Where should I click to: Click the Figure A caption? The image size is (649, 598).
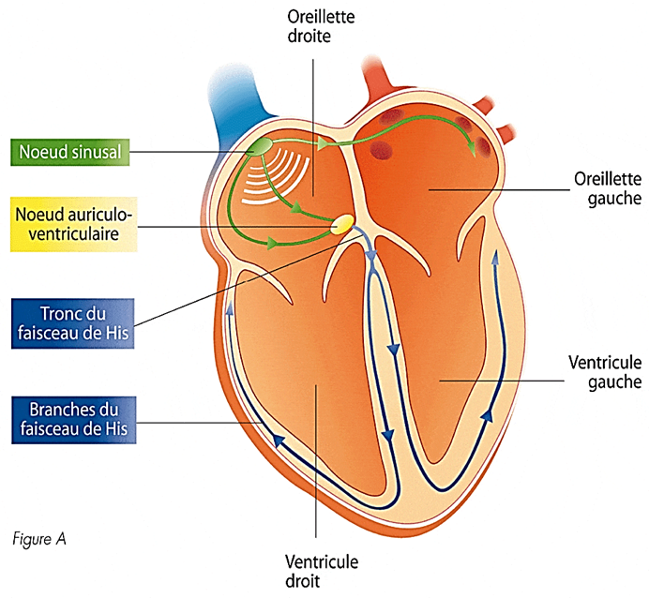point(39,540)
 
